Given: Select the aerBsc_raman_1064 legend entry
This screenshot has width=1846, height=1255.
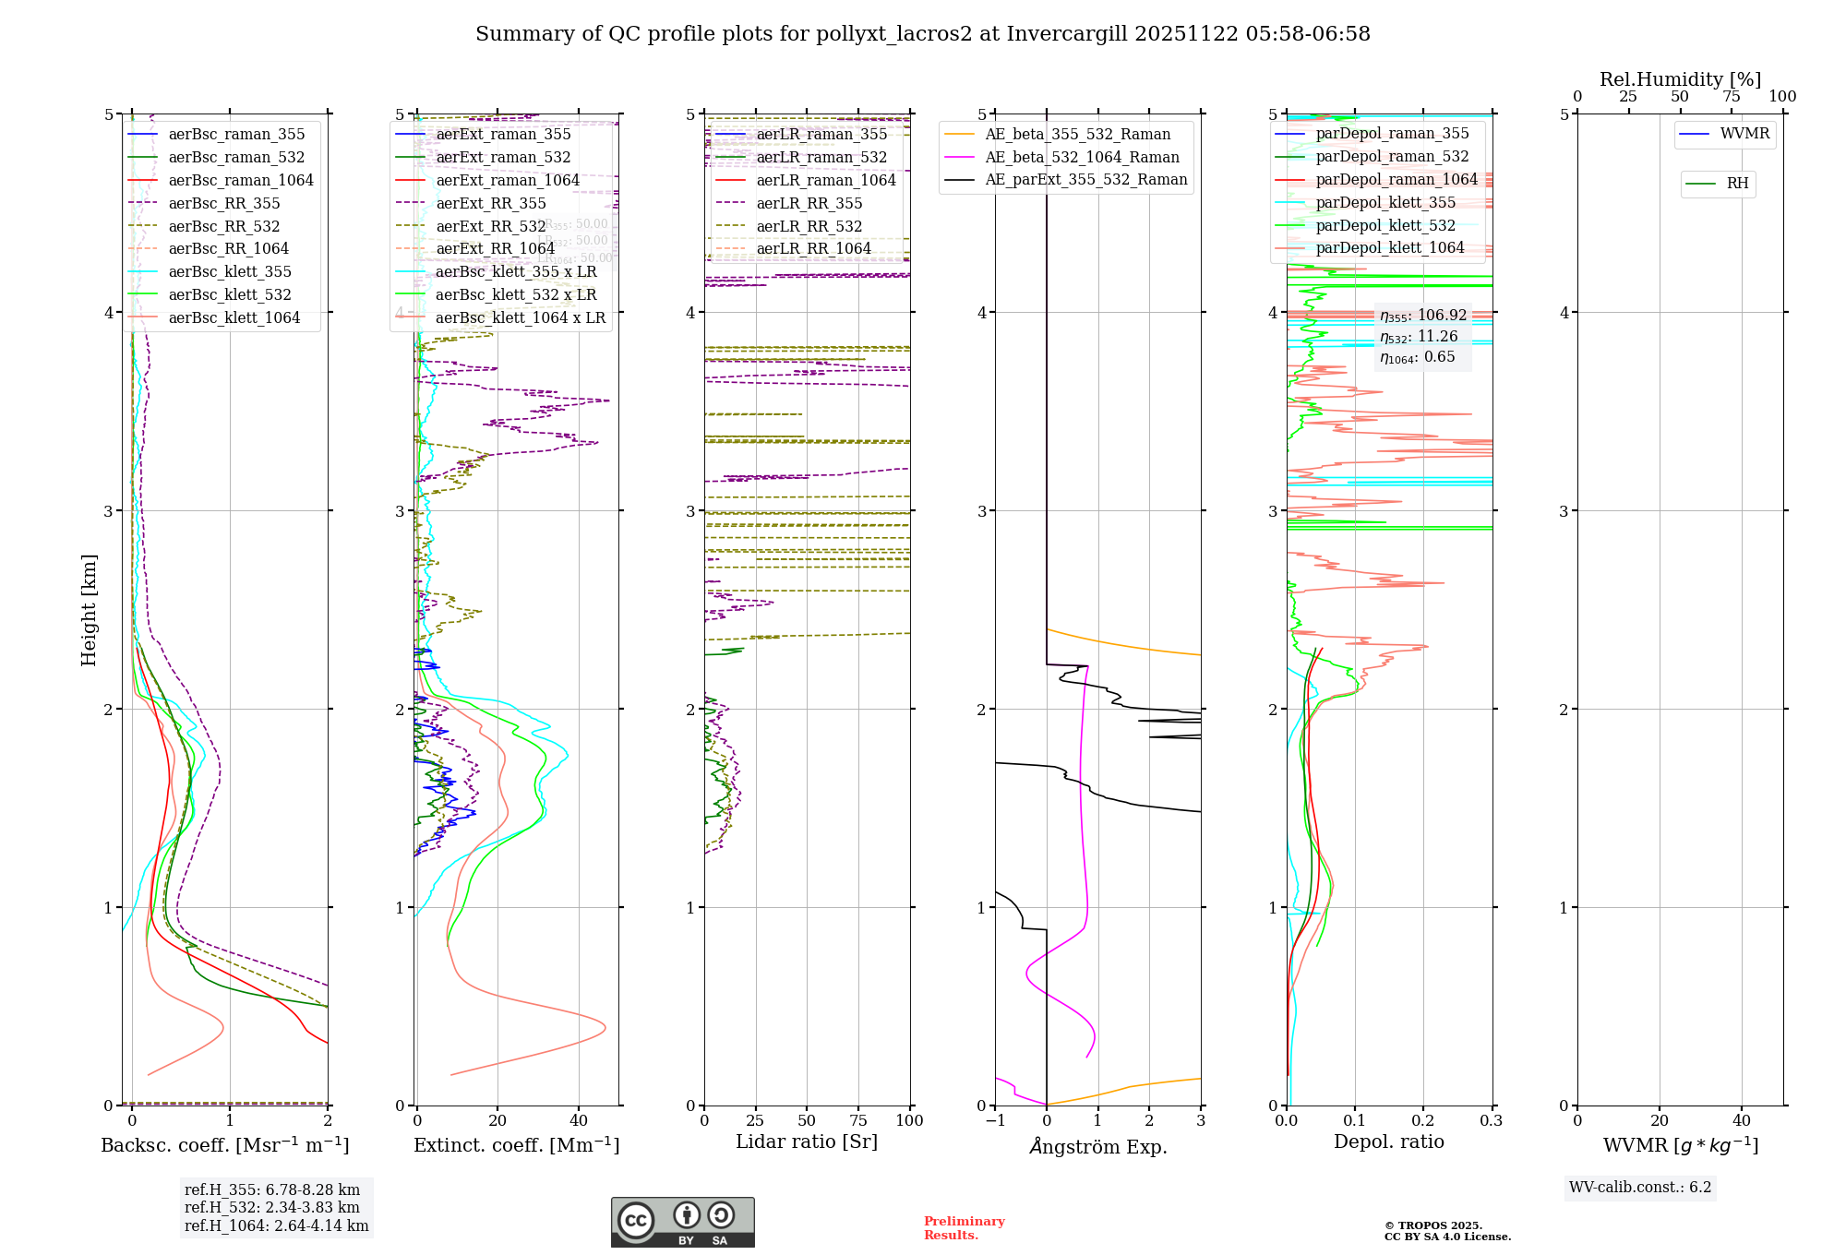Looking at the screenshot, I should pos(241,181).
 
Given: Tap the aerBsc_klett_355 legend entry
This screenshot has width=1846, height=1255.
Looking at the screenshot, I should pos(230,272).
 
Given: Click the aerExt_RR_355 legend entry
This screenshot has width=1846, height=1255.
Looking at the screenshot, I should pos(490,204).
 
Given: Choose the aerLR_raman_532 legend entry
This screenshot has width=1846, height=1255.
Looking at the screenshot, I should pos(821,158).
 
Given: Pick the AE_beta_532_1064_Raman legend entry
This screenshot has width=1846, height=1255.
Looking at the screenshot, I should pos(1082,158).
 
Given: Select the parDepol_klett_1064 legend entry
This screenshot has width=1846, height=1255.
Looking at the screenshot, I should pos(1390,248).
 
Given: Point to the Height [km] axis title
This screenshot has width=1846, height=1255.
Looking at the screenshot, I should pos(89,610).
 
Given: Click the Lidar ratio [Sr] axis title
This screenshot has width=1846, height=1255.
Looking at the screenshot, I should pos(807,1142).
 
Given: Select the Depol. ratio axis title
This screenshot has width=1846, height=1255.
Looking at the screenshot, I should pos(1389,1142).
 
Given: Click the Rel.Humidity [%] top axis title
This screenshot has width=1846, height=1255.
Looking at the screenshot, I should pos(1680,79).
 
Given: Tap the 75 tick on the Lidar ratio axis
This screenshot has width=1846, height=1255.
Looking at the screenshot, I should pos(858,1121).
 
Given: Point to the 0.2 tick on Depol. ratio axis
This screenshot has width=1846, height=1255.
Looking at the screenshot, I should pos(1423,1121).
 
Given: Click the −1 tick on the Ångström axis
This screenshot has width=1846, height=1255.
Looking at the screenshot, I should pos(995,1121).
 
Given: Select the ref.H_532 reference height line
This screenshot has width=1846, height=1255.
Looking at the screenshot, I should pos(272,1208).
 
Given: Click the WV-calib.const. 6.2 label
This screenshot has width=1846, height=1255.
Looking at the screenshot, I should pos(1640,1188).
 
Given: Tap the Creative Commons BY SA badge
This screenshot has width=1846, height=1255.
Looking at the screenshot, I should pos(682,1223).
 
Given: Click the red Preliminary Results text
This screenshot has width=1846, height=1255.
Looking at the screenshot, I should pos(964,1228).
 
